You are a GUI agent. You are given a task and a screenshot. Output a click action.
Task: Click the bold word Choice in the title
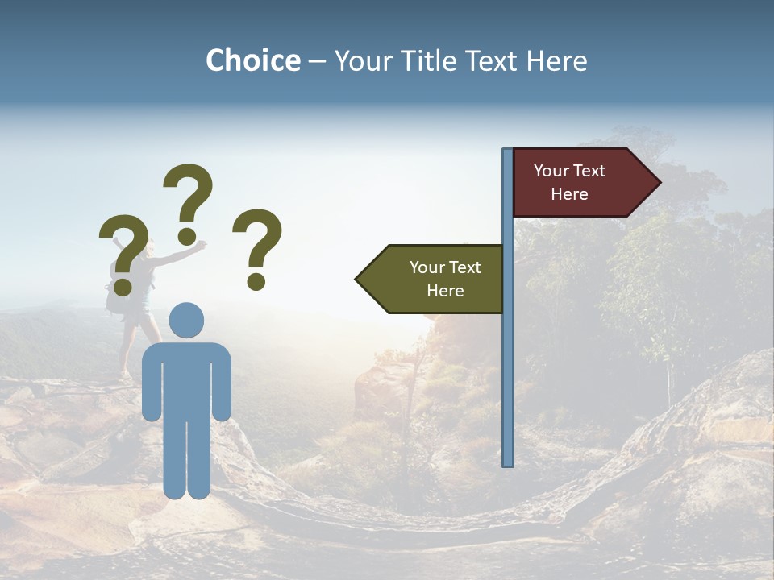click(x=252, y=60)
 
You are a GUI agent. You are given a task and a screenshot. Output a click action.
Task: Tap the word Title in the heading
click(x=427, y=60)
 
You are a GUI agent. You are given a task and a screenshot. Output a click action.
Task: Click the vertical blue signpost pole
click(x=508, y=362)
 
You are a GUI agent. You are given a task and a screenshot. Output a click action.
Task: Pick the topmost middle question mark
click(x=188, y=201)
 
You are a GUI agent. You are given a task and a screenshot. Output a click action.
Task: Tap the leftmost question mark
click(x=123, y=253)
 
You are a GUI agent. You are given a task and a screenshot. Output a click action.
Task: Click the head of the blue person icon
click(x=186, y=320)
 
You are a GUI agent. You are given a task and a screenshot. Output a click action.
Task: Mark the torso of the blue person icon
click(x=186, y=379)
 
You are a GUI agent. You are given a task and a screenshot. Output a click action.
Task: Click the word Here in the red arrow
click(x=569, y=194)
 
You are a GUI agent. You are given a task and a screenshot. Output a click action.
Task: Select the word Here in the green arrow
click(x=445, y=291)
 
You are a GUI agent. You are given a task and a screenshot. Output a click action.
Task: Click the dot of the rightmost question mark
click(x=256, y=282)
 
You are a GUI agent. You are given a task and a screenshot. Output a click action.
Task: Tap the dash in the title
click(x=317, y=62)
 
